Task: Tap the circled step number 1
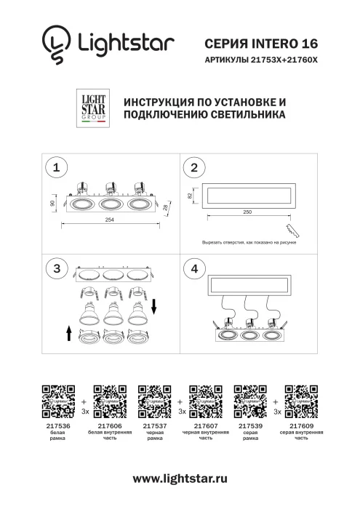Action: coord(56,167)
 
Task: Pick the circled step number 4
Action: coord(193,268)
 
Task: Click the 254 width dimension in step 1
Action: coord(108,220)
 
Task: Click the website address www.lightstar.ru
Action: coord(180,478)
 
